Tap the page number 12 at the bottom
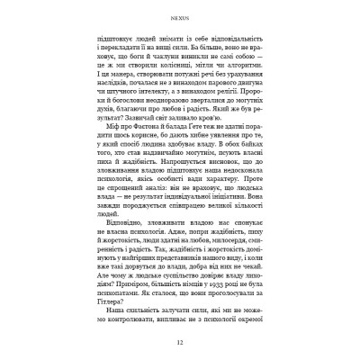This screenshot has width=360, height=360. tap(179, 344)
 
